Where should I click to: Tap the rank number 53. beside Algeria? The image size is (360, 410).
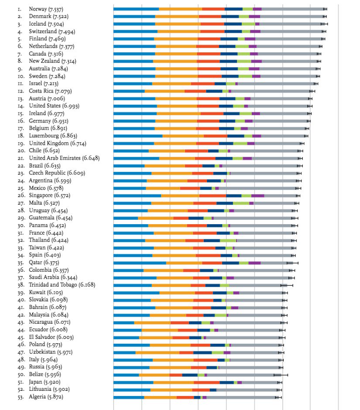click(21, 397)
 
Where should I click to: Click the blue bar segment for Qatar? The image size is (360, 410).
click(139, 263)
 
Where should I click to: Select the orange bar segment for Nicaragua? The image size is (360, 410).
click(152, 323)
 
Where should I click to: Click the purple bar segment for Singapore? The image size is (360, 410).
click(257, 196)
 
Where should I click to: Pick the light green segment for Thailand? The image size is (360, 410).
click(228, 240)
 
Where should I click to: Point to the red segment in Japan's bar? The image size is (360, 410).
click(206, 383)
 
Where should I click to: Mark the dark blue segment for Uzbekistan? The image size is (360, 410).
click(202, 352)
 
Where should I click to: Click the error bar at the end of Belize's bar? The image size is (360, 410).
click(281, 375)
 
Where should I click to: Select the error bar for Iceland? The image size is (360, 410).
click(324, 24)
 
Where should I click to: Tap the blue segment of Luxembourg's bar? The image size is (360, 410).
click(138, 136)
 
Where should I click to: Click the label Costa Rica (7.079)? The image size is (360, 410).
click(50, 91)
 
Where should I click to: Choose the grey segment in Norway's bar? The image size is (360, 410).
click(293, 9)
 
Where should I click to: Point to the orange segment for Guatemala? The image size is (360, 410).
click(155, 218)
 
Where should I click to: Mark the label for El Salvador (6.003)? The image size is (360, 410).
click(51, 337)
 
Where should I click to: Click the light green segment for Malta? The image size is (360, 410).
click(241, 203)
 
